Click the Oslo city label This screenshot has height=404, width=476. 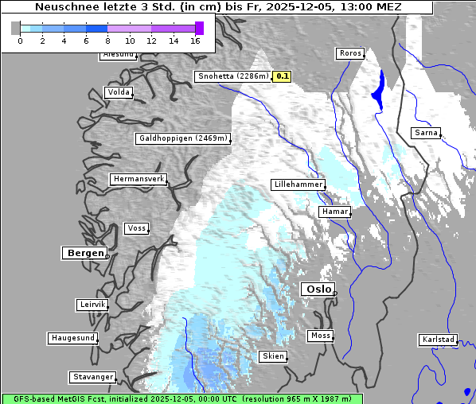(317, 289)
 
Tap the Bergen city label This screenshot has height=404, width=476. (84, 253)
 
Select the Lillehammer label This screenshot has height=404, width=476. (298, 185)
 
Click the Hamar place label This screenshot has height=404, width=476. (334, 212)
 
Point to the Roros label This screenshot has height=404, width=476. (349, 53)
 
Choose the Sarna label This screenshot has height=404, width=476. (425, 133)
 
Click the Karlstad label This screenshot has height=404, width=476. (438, 340)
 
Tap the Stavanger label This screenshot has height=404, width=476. (92, 377)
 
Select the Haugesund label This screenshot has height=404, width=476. (72, 338)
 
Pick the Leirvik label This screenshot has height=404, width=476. (92, 305)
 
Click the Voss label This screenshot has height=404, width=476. (136, 228)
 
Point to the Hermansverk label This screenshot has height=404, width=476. (139, 179)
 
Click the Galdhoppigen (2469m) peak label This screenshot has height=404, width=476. (183, 138)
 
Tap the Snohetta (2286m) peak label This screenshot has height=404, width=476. (232, 76)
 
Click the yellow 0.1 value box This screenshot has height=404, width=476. (283, 76)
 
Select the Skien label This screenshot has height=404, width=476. (272, 356)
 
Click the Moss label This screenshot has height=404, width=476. (320, 336)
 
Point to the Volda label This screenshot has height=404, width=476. (118, 92)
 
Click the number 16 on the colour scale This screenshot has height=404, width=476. (196, 40)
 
